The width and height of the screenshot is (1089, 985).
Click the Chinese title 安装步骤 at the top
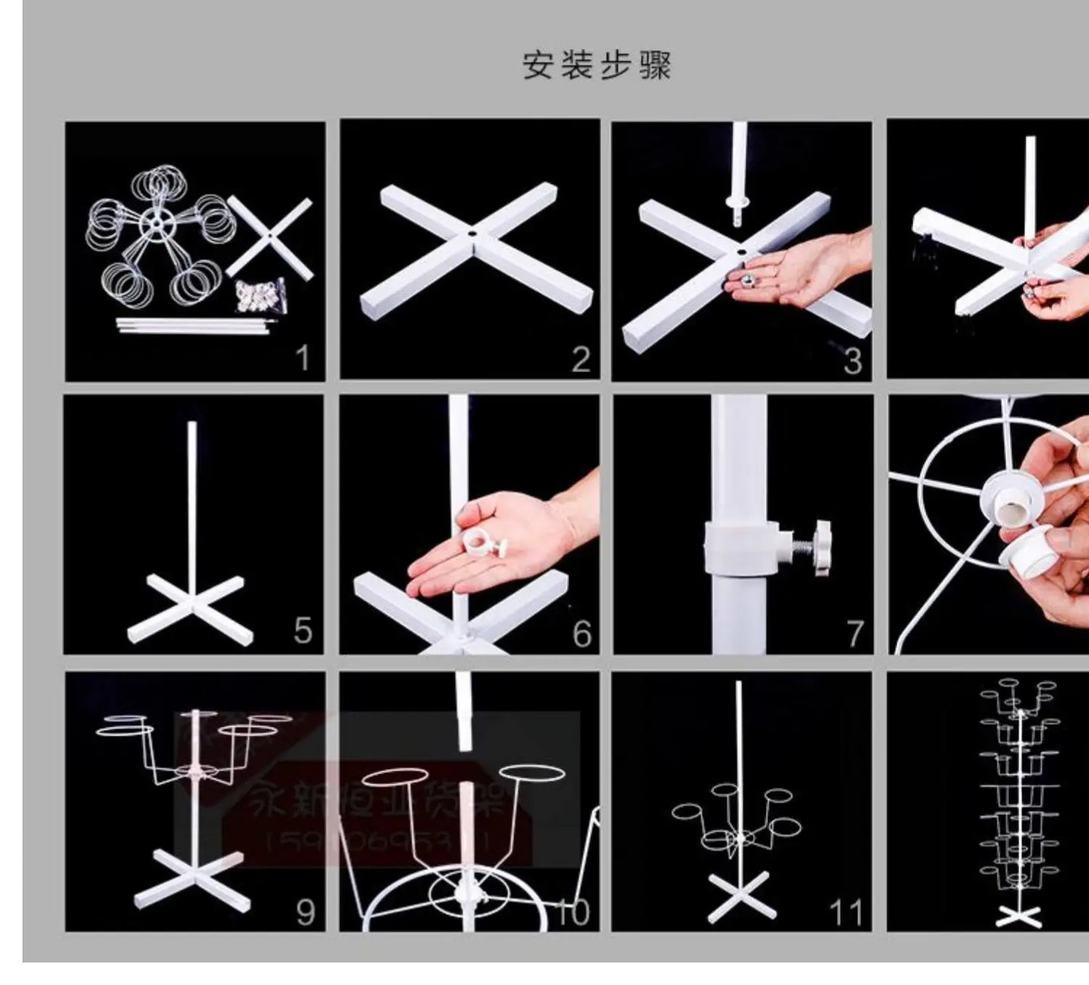[596, 66]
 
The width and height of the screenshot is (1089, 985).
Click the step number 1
[302, 357]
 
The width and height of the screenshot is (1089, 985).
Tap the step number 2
[580, 359]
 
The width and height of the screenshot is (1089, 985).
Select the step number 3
[852, 361]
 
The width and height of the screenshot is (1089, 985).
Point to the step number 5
[302, 630]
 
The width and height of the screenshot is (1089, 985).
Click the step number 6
[582, 633]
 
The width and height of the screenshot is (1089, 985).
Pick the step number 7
[854, 633]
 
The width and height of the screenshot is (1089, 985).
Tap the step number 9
[304, 912]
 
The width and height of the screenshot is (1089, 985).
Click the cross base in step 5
[186, 605]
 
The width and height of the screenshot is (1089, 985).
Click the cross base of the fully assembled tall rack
[1018, 916]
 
